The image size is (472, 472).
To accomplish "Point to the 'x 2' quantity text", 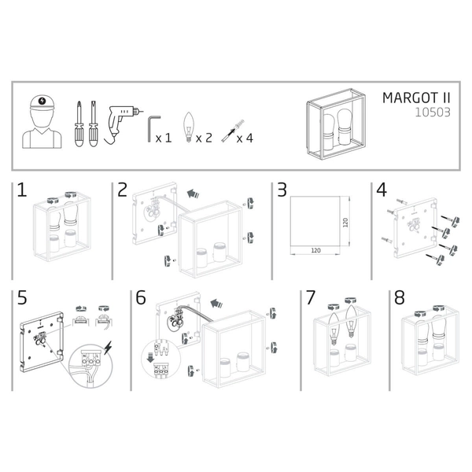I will point(204,138).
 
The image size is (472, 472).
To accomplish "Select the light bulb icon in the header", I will point(187,127).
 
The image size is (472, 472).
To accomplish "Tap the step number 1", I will point(22,190).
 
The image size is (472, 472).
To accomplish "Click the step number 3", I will point(281,190).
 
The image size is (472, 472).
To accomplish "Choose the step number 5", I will point(22,298).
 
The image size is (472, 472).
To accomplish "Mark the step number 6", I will point(141,298).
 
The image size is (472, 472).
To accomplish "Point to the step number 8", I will point(399,298).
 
